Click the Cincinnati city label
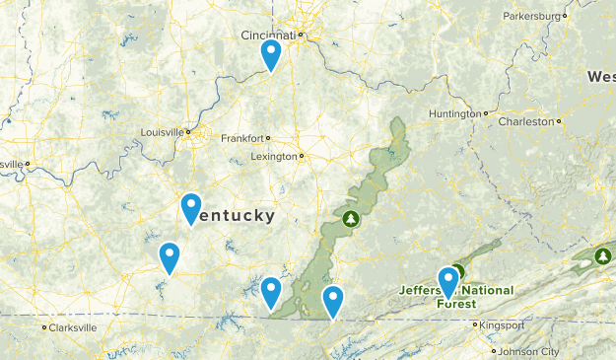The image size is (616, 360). tap(268, 35)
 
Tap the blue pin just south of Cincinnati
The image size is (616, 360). tap(271, 54)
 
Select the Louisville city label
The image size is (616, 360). tap(163, 131)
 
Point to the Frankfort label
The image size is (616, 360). tap(242, 138)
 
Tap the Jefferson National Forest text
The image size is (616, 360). tap(456, 297)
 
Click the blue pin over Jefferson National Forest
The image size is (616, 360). tap(448, 282)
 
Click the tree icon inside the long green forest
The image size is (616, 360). tap(349, 217)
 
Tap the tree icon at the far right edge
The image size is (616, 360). tap(603, 256)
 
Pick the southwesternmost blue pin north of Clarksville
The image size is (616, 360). tap(170, 257)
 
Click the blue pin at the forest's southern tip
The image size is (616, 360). tap(271, 291)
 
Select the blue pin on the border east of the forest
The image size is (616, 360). tap(333, 300)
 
